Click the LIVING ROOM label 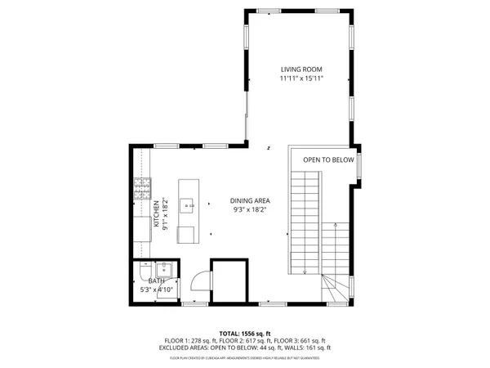[302, 70]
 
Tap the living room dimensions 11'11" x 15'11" [302, 79]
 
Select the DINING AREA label [250, 201]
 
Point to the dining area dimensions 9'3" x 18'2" [250, 210]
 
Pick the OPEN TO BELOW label [328, 159]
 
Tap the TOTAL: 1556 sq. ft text [244, 334]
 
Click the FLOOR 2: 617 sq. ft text [245, 341]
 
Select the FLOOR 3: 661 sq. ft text [302, 341]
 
